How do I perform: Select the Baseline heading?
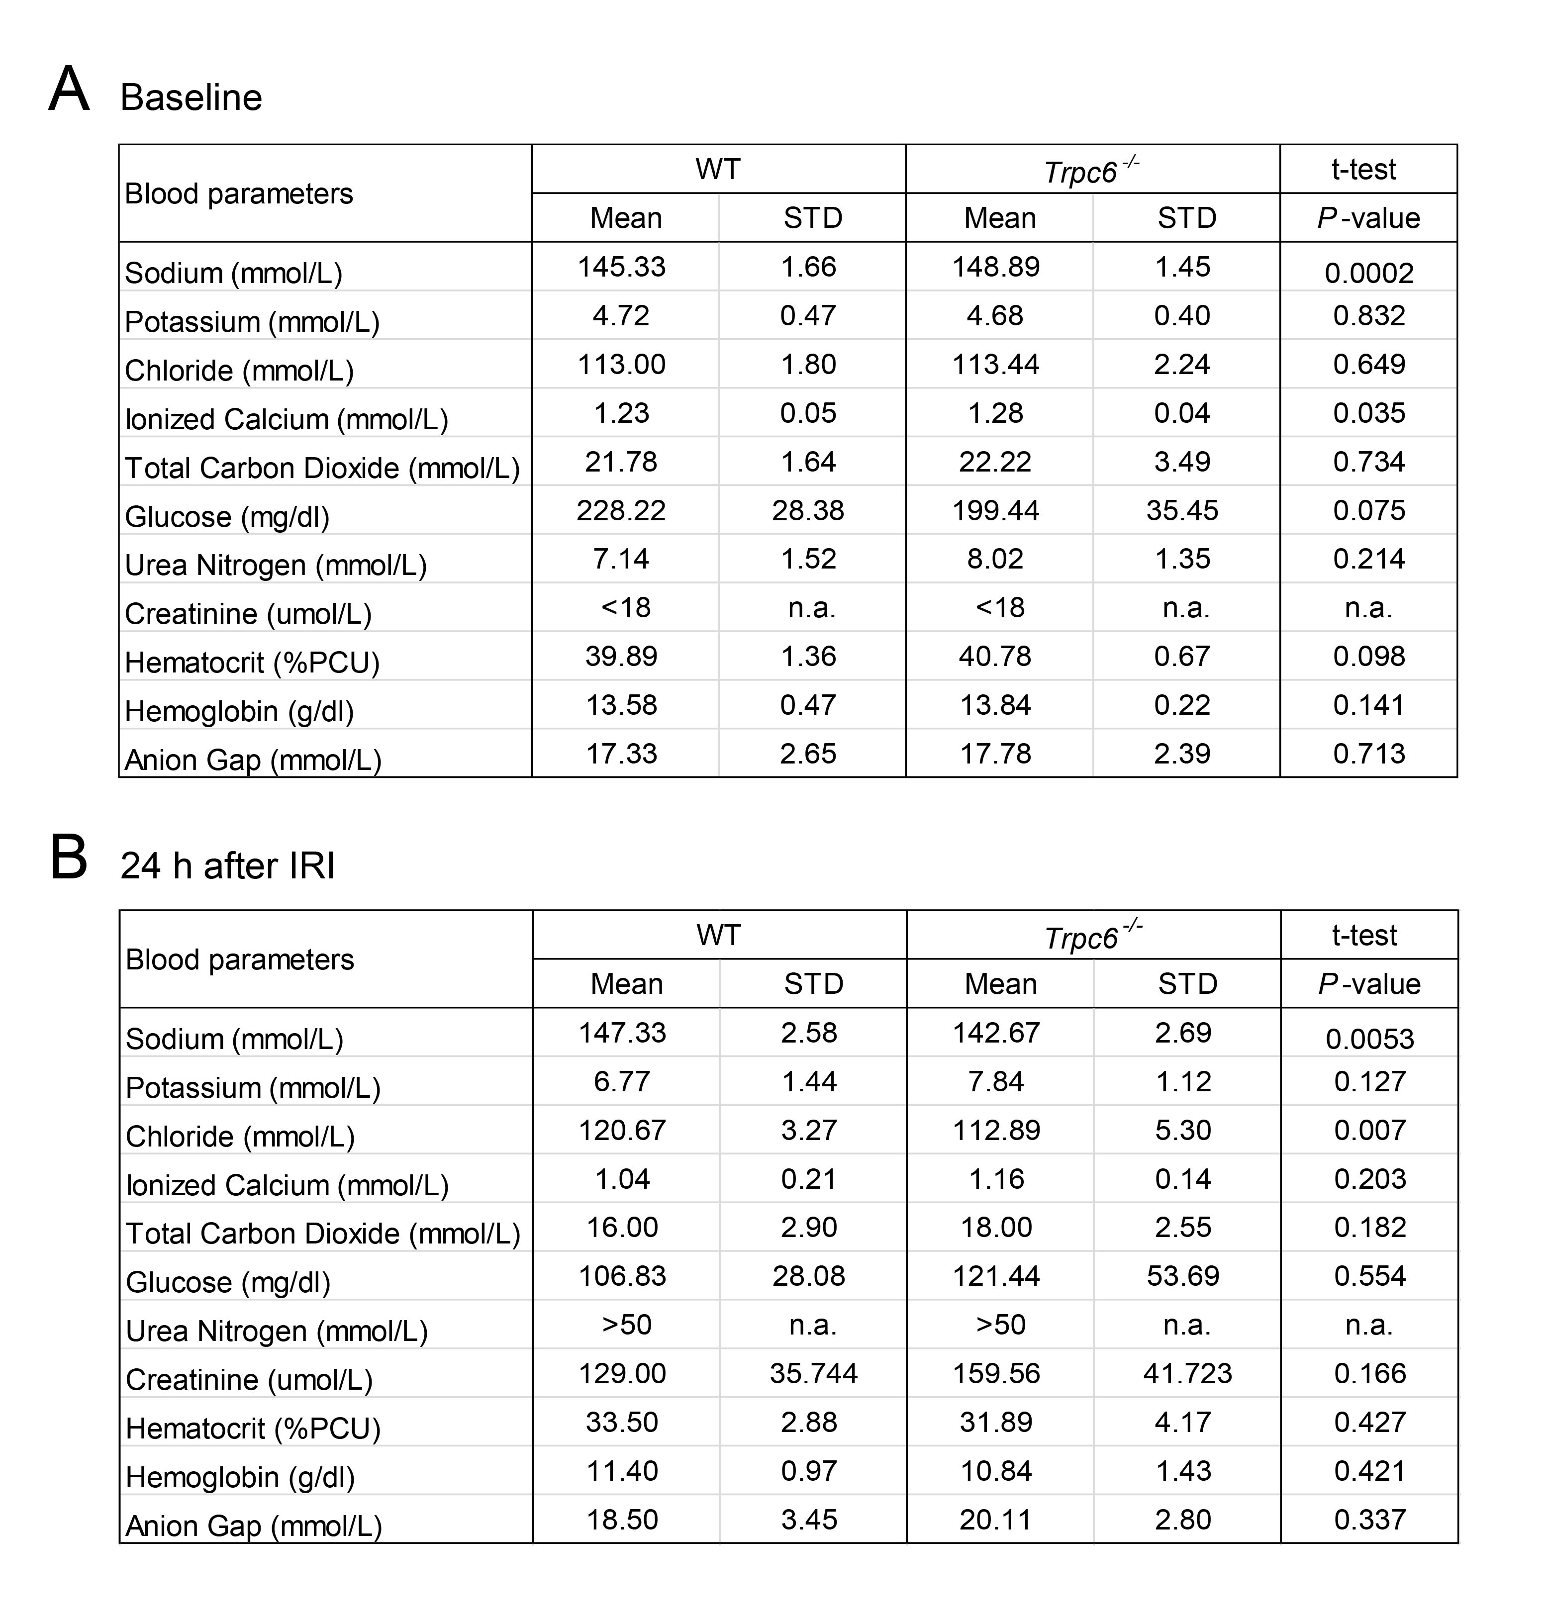(191, 97)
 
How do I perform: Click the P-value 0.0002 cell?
(1369, 273)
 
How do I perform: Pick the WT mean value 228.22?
(621, 510)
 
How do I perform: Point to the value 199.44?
(996, 510)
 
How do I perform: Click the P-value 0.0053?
(1369, 1039)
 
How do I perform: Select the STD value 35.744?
(813, 1373)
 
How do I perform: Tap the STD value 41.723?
(1188, 1373)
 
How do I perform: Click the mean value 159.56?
(997, 1373)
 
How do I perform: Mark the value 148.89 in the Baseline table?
(996, 267)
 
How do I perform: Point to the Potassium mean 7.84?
(997, 1081)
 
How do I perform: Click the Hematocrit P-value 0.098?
(1369, 656)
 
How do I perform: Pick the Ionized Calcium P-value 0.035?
(1369, 412)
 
